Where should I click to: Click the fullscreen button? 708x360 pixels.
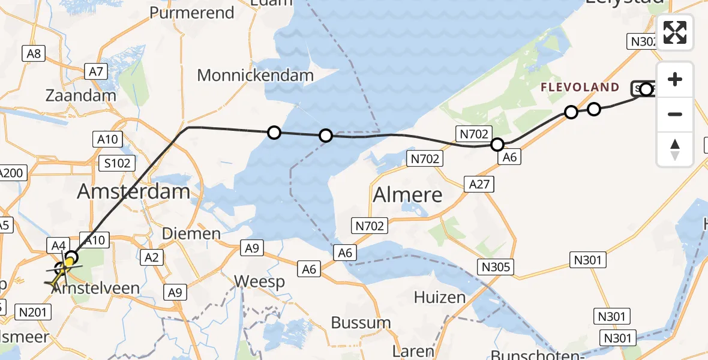pos(675,32)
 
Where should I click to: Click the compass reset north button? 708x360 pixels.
pos(675,149)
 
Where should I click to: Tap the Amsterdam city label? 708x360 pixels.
pos(134,192)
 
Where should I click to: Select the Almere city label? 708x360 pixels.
pos(407,194)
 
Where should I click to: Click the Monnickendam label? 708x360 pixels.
pos(256,76)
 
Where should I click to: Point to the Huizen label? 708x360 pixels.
pos(440,297)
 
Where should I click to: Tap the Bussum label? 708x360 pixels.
pos(361,322)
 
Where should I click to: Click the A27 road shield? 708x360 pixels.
pos(479,184)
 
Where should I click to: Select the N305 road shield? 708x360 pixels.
pos(496,266)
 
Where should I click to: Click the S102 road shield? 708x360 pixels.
pos(116,164)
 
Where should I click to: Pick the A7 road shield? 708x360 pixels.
pos(97,72)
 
